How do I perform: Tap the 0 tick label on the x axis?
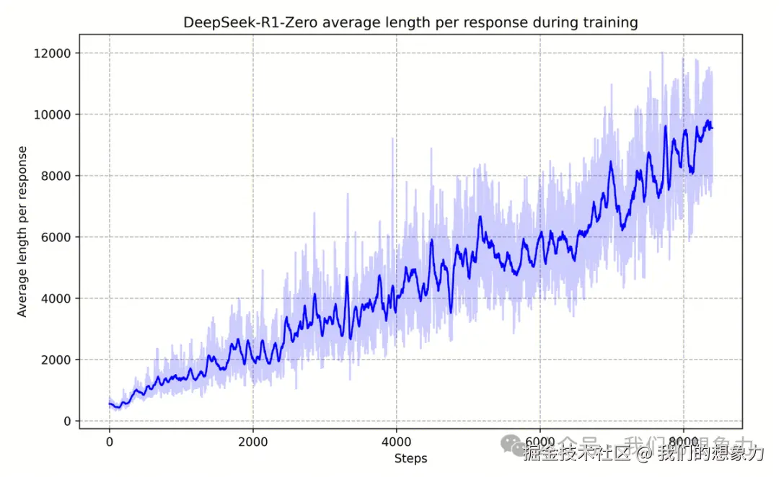pos(110,442)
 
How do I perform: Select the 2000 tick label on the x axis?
pos(252,442)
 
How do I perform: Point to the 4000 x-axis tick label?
pos(396,442)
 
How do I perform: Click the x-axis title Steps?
pos(410,458)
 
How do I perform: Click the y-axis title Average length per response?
pos(22,231)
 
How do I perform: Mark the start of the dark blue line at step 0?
pos(110,404)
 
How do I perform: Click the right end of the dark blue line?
pos(712,128)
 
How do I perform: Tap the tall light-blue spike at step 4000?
pos(392,140)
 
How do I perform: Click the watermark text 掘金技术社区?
pos(575,453)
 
